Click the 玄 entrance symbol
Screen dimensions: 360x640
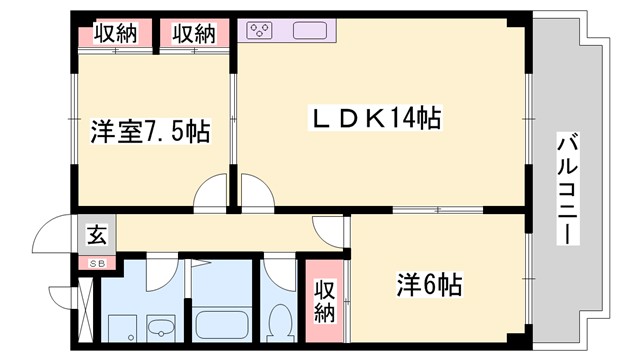tap(98, 238)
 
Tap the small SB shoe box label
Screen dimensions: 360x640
tap(98, 263)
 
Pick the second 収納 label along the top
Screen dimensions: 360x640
tap(193, 33)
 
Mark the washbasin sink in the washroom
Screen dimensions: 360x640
tap(160, 326)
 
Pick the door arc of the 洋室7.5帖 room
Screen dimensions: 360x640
tap(212, 191)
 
